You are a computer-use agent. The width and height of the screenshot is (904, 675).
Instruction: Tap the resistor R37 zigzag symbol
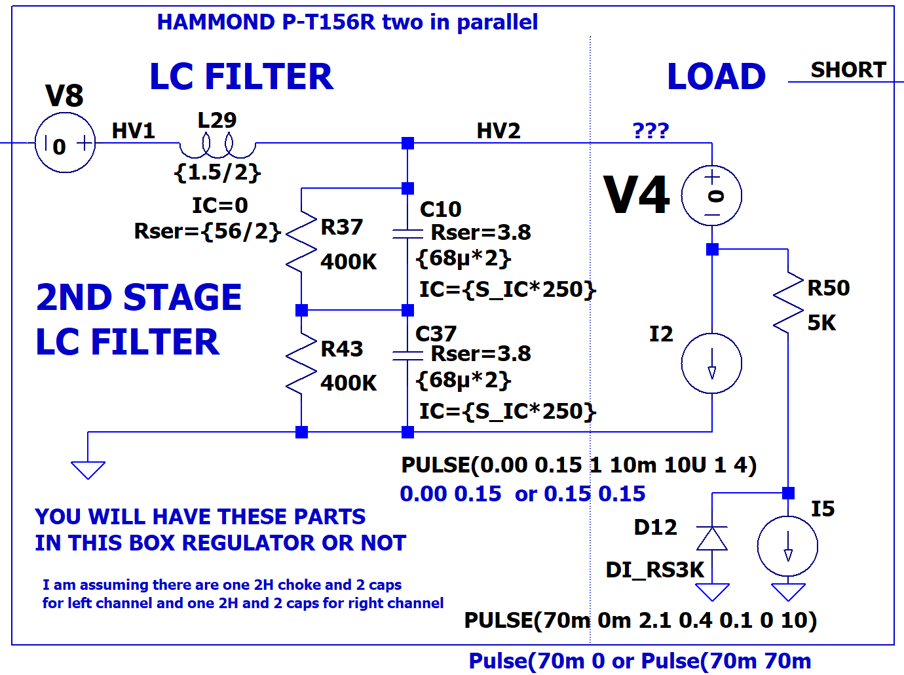[x=301, y=241]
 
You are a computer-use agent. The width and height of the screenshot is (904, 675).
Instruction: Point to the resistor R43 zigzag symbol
[x=301, y=363]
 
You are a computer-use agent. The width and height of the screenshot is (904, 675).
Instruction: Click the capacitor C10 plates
[x=407, y=233]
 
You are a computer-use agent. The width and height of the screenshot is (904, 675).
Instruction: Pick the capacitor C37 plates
[x=407, y=355]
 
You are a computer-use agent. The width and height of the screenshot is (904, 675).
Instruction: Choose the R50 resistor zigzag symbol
[x=788, y=302]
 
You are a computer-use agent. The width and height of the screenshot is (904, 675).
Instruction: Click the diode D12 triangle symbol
[x=712, y=538]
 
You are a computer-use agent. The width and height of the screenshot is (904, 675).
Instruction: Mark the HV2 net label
[x=499, y=131]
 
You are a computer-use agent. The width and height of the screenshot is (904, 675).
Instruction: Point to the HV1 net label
[x=133, y=131]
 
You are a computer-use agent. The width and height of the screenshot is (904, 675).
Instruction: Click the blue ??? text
[x=650, y=130]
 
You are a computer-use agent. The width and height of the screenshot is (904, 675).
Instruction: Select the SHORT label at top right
[x=848, y=69]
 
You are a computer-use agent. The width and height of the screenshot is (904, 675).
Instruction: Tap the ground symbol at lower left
[x=88, y=470]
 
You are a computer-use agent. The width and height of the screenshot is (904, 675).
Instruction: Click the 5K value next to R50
[x=821, y=322]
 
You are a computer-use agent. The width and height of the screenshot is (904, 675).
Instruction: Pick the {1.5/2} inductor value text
[x=217, y=172]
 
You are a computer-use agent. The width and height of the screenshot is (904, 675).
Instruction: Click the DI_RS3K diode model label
[x=655, y=570]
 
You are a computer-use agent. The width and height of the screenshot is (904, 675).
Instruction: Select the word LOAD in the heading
[x=716, y=77]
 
